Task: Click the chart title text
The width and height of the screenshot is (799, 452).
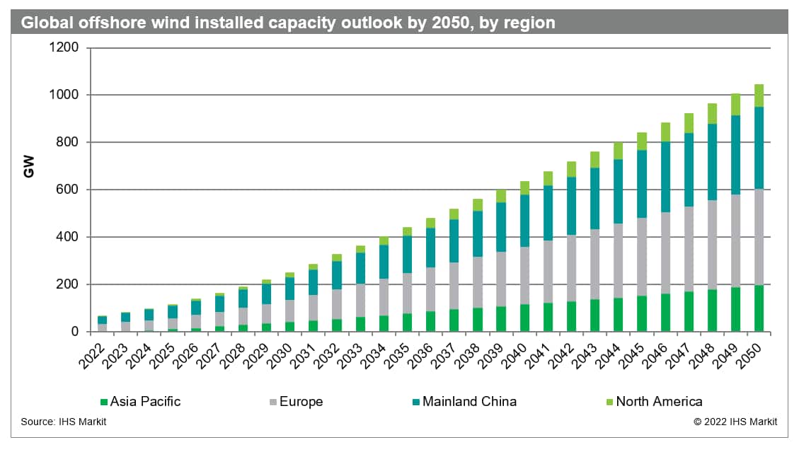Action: pyautogui.click(x=288, y=23)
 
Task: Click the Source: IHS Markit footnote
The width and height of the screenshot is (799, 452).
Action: pyautogui.click(x=64, y=422)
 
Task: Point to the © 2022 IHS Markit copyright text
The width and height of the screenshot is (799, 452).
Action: pyautogui.click(x=735, y=422)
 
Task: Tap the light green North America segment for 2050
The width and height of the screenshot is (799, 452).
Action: pyautogui.click(x=759, y=95)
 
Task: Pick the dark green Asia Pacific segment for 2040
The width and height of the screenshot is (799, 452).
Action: pyautogui.click(x=524, y=318)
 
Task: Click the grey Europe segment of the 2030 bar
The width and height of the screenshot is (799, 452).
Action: pyautogui.click(x=289, y=311)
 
